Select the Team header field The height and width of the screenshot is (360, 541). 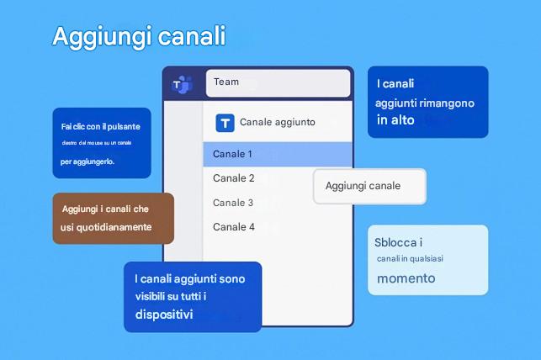click(x=278, y=82)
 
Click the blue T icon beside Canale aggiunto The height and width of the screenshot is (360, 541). click(x=225, y=123)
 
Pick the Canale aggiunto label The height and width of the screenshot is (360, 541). click(x=277, y=123)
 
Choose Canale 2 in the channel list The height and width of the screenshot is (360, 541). click(x=234, y=178)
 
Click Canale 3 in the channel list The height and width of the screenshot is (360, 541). click(x=233, y=203)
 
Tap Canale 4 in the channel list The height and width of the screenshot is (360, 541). click(x=234, y=227)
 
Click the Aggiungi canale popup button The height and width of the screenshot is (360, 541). click(x=369, y=186)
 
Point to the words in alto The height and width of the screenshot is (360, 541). click(x=395, y=120)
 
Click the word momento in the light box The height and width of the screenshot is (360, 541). click(x=406, y=278)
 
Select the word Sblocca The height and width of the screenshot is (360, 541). click(x=394, y=242)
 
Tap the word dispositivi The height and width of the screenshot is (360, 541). click(x=163, y=315)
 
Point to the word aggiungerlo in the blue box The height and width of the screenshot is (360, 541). click(x=95, y=161)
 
